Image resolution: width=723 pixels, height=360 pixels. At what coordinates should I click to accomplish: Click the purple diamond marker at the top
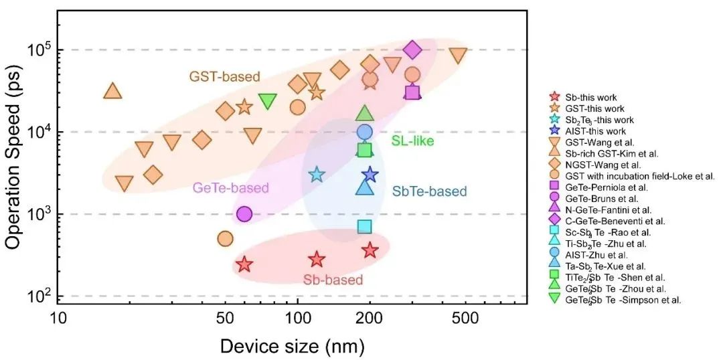click(412, 50)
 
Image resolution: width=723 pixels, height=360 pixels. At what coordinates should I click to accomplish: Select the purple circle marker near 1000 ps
click(244, 214)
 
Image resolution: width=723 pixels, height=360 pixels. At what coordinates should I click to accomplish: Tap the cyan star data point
click(316, 174)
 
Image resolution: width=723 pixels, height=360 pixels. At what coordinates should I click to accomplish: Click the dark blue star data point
click(370, 175)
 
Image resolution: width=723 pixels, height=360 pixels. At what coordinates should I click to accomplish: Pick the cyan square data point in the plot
click(365, 227)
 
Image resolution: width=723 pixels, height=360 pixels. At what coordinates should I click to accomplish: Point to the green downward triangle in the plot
click(267, 101)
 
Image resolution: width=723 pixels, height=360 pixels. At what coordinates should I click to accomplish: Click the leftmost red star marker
click(244, 264)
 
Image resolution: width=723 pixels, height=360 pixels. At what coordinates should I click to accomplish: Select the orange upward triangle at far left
click(112, 91)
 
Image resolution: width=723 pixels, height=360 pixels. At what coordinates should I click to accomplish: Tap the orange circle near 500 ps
click(225, 239)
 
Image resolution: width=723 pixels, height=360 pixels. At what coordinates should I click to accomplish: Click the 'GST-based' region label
click(224, 76)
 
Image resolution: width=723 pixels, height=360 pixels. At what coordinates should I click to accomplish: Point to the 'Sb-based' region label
click(333, 279)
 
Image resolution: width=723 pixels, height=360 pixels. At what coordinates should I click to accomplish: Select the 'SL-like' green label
click(412, 141)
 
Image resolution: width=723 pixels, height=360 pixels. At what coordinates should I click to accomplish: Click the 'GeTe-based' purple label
click(230, 188)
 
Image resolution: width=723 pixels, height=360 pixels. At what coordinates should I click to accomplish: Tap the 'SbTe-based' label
click(429, 191)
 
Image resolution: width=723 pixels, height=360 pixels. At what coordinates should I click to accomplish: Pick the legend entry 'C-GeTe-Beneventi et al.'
click(608, 221)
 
